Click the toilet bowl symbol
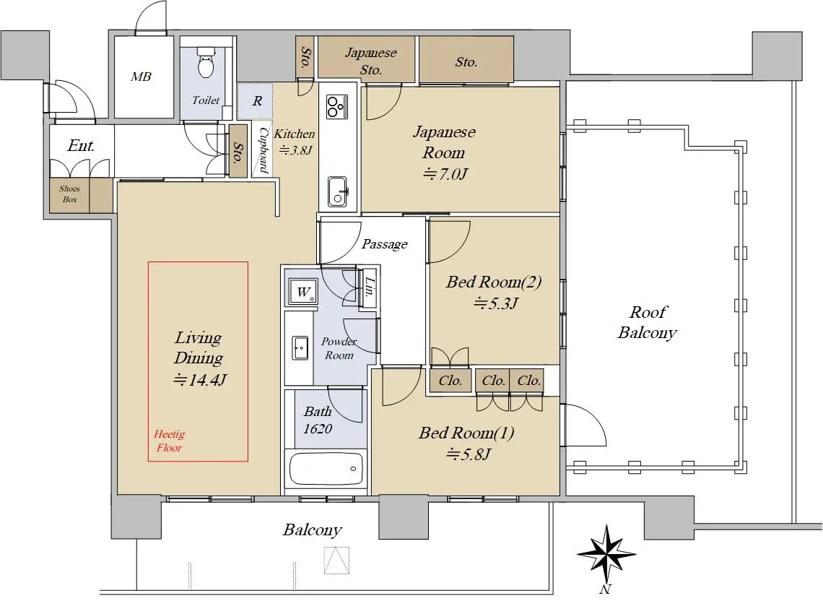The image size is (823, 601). (206, 62)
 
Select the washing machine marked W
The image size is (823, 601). (303, 292)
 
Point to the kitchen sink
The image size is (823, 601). (338, 192)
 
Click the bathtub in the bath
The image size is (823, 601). (326, 469)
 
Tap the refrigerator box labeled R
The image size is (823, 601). (257, 101)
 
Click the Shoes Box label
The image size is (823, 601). (69, 194)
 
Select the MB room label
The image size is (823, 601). (141, 77)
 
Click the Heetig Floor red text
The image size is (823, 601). (169, 441)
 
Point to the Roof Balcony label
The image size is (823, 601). (648, 322)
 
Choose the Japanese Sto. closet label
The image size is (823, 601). (370, 61)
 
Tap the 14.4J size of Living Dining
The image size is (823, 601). (199, 379)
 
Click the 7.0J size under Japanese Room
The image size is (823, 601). (445, 173)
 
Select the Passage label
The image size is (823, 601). (385, 243)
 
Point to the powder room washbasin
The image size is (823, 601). (300, 347)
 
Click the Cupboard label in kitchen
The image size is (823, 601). (264, 150)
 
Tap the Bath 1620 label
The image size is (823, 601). (318, 420)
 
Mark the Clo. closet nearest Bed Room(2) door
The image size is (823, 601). (450, 381)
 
